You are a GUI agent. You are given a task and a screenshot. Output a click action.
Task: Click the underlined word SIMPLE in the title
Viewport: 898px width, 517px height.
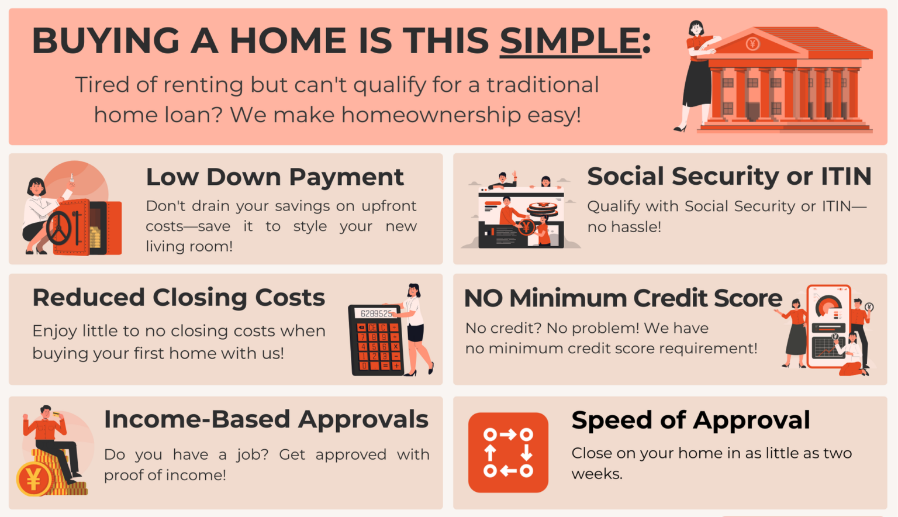(570, 41)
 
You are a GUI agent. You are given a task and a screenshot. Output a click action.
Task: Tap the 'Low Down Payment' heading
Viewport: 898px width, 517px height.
(274, 177)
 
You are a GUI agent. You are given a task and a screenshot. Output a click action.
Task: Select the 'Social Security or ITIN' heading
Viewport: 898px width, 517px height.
(728, 176)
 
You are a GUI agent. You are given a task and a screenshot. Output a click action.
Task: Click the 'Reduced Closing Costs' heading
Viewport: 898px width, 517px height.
(178, 297)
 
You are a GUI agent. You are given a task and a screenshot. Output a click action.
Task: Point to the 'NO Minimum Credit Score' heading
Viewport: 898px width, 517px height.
(623, 298)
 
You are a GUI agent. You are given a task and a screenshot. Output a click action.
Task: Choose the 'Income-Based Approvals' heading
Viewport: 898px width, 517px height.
(266, 419)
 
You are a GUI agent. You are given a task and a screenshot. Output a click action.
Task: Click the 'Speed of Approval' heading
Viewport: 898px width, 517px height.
(690, 420)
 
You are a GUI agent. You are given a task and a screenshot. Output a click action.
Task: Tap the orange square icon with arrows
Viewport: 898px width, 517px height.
(508, 452)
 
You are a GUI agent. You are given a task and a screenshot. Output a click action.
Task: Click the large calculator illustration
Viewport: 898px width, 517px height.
(376, 340)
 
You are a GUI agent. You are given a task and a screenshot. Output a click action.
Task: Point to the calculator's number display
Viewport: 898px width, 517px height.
(375, 313)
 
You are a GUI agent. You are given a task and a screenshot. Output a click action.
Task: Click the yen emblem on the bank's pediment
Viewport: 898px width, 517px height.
(752, 43)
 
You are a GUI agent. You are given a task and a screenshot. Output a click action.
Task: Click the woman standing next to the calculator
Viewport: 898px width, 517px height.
(416, 328)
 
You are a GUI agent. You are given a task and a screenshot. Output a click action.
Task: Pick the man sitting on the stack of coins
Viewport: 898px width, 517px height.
(51, 439)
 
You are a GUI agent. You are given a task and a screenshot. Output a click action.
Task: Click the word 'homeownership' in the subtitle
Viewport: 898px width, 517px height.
(431, 115)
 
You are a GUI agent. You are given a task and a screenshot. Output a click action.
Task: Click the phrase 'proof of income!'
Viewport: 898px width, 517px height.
(165, 475)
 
